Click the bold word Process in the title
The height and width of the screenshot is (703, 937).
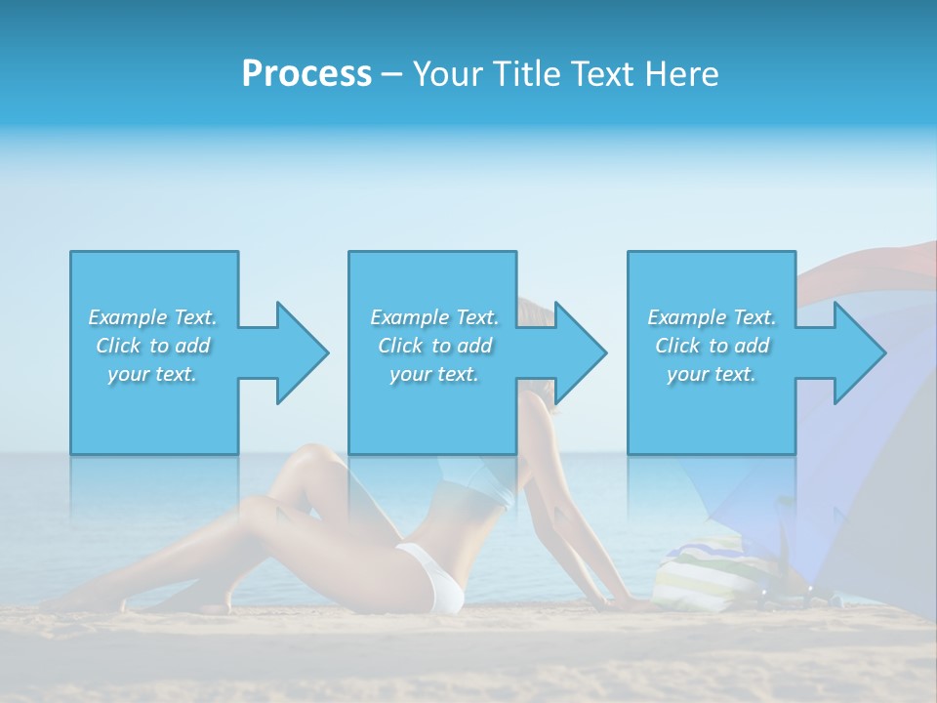point(306,74)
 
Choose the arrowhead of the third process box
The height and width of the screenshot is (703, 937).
point(858,352)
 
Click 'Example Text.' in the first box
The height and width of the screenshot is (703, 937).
point(152,317)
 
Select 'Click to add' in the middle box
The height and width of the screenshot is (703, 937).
point(434,346)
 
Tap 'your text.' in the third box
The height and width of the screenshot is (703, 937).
point(711,374)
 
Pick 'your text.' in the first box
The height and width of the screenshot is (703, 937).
point(152,374)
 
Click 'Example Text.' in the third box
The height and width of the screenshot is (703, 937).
point(712,317)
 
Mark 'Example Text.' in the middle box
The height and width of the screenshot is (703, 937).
point(434,317)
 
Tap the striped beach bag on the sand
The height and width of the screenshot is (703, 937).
point(697,576)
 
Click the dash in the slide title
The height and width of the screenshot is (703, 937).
point(392,74)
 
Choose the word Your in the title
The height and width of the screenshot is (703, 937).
point(446,74)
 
